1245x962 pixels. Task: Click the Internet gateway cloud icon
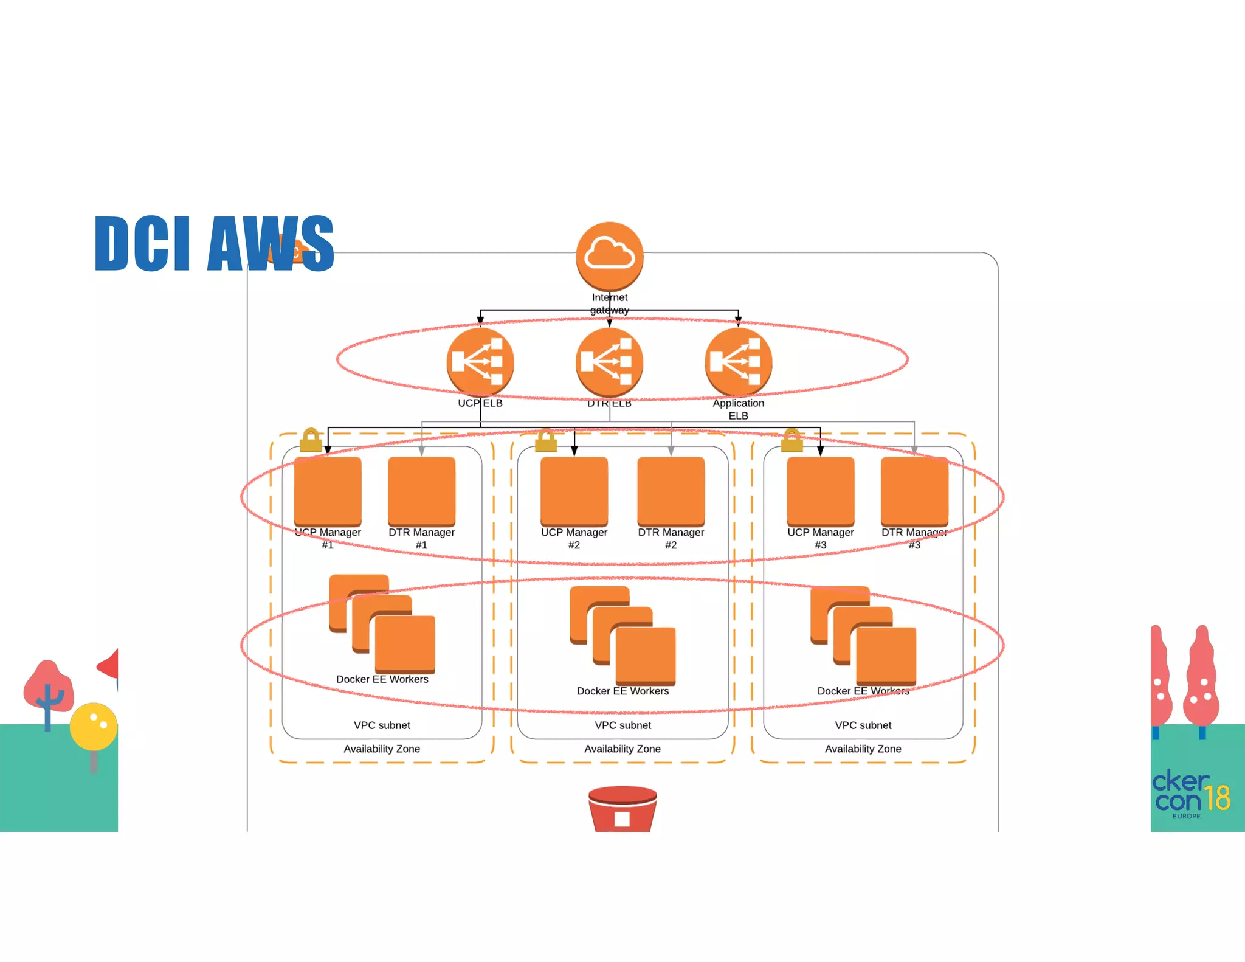[609, 255]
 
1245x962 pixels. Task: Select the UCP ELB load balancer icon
[480, 361]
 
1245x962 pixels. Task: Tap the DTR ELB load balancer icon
[609, 361]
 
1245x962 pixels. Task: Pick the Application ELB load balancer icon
[738, 361]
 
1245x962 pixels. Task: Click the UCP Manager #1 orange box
[328, 491]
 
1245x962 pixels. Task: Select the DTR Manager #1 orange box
[421, 491]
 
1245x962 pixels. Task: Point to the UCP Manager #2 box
[574, 491]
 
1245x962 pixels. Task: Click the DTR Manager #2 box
[671, 491]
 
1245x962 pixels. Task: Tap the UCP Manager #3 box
[820, 491]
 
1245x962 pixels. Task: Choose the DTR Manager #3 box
[914, 491]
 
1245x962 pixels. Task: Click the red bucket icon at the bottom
[622, 809]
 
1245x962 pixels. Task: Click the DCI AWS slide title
[214, 244]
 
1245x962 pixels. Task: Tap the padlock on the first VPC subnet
[311, 440]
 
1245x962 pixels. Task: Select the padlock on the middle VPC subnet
[546, 440]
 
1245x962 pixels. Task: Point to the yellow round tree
[93, 726]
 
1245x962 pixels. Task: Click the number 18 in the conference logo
[1218, 798]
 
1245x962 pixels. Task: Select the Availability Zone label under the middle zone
[622, 749]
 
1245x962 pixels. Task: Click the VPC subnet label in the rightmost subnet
[863, 725]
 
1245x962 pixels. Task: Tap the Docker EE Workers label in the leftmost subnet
[382, 679]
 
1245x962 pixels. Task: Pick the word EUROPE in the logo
[1186, 816]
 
